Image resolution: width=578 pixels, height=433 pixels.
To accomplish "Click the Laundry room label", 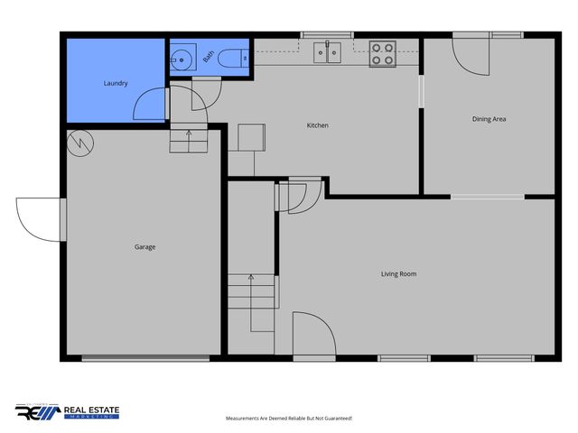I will (x=116, y=84).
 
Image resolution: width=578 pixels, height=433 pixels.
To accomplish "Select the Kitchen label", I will (x=317, y=125).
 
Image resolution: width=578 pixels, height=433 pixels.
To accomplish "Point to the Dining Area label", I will (x=489, y=119).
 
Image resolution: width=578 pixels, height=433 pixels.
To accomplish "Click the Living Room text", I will (x=398, y=273).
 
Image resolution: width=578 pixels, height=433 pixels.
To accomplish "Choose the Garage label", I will (x=144, y=246).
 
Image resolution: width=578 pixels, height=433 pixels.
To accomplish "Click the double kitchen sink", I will (x=327, y=53).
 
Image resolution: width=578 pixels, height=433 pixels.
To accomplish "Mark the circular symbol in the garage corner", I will (x=79, y=143).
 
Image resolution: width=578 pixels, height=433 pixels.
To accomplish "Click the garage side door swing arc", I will (x=36, y=219).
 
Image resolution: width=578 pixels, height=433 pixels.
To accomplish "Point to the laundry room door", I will (x=150, y=105).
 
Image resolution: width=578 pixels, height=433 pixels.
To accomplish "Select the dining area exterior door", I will (x=469, y=55).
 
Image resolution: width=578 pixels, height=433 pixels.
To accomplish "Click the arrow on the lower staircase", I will (x=252, y=280).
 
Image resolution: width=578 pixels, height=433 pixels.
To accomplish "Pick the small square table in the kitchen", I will (x=251, y=137).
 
